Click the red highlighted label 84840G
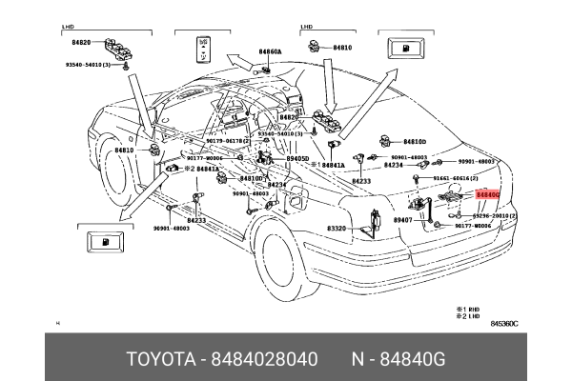coord(487,194)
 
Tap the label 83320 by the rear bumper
coord(337,229)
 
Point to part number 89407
coord(402,220)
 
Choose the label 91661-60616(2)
coord(456,179)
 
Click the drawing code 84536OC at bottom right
coord(503,324)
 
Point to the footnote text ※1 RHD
coord(468,309)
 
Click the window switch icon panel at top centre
coord(203,49)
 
